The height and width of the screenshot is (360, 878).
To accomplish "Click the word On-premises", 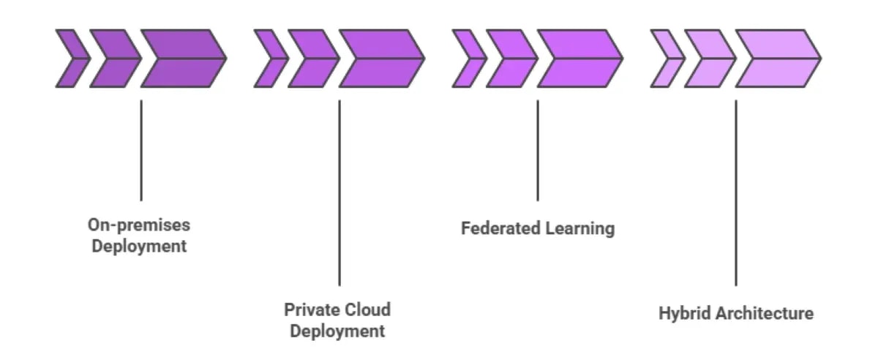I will (138, 225).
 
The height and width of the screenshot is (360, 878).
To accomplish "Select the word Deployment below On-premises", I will (138, 246).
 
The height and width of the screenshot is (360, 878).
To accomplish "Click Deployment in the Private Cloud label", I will (337, 331).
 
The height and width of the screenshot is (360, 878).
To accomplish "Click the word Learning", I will (580, 228).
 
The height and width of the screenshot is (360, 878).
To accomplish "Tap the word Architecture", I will (765, 314).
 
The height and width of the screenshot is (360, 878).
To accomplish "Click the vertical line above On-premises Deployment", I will (140, 150).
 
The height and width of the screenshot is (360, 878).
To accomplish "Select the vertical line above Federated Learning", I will (538, 150).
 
